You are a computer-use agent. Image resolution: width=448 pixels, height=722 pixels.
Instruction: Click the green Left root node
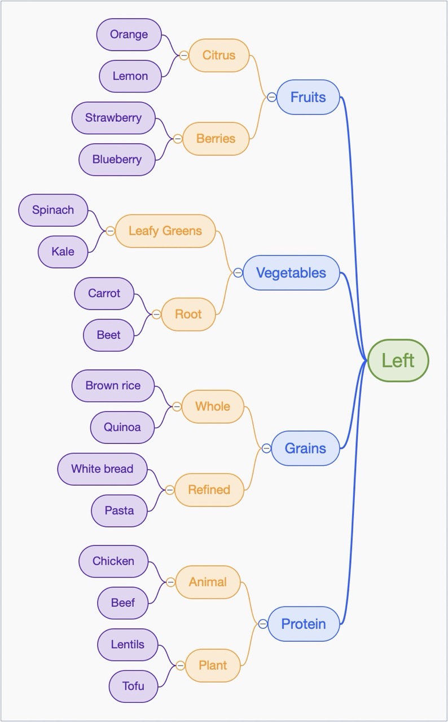click(x=398, y=360)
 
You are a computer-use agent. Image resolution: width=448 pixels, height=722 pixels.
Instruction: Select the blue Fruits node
click(x=308, y=97)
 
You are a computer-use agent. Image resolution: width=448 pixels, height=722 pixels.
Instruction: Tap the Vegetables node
click(x=291, y=273)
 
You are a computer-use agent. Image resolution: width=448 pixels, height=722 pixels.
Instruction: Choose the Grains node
click(x=305, y=448)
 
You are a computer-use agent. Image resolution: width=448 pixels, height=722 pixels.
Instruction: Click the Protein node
click(x=304, y=624)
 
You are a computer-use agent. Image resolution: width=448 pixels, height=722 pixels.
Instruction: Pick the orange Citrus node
click(x=219, y=55)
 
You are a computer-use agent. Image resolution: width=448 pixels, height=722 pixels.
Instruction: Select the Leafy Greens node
click(x=165, y=231)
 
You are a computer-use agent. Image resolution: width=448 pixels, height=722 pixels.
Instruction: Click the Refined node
click(x=209, y=490)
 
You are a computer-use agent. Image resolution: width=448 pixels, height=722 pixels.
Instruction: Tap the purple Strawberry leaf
click(x=113, y=118)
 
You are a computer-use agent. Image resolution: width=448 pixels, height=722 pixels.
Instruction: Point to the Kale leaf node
click(x=63, y=252)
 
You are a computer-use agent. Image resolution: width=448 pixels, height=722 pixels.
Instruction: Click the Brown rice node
click(x=113, y=386)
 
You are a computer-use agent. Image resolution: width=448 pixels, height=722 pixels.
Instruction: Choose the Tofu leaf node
click(x=133, y=686)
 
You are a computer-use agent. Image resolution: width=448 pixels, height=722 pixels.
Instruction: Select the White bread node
click(x=102, y=469)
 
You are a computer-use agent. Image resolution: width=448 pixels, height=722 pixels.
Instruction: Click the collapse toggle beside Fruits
click(x=271, y=97)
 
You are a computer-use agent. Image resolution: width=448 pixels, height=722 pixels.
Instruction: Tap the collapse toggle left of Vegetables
click(x=238, y=273)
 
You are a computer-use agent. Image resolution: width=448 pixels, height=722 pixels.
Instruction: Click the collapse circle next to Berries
click(x=178, y=139)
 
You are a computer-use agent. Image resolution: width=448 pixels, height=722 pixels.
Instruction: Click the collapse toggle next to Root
click(x=156, y=314)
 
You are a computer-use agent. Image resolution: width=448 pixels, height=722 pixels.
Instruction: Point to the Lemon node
click(x=130, y=76)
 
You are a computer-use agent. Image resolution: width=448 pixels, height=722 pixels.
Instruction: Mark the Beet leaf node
click(x=109, y=335)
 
